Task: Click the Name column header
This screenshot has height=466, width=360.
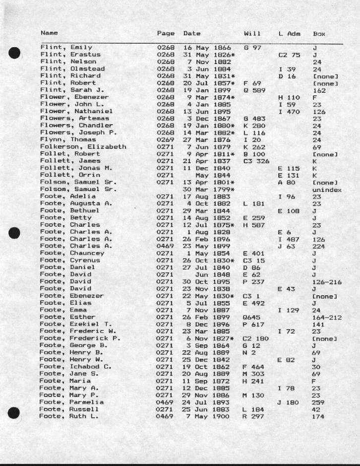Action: [x=49, y=33]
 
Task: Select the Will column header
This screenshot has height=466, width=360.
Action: [x=252, y=34]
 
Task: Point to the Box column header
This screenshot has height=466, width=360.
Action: [x=319, y=34]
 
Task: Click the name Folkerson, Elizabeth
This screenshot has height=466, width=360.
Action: [x=83, y=147]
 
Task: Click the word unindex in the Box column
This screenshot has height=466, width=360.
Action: [x=327, y=190]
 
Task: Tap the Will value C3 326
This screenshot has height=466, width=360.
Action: [x=256, y=161]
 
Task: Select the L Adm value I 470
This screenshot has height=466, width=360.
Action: [x=289, y=112]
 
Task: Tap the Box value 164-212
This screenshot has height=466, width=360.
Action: [x=325, y=317]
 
